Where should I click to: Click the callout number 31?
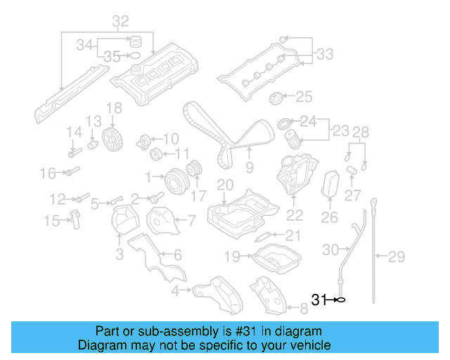click(x=319, y=300)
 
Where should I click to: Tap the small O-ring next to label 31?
click(x=340, y=300)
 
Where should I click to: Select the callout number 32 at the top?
click(x=120, y=21)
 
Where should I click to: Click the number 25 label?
click(x=303, y=96)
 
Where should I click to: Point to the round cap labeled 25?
click(x=276, y=98)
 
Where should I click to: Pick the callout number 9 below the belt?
click(x=249, y=167)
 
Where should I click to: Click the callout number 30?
click(x=330, y=249)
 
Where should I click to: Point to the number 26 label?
click(x=329, y=218)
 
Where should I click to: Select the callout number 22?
click(x=295, y=215)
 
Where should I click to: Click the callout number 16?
click(x=47, y=173)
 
